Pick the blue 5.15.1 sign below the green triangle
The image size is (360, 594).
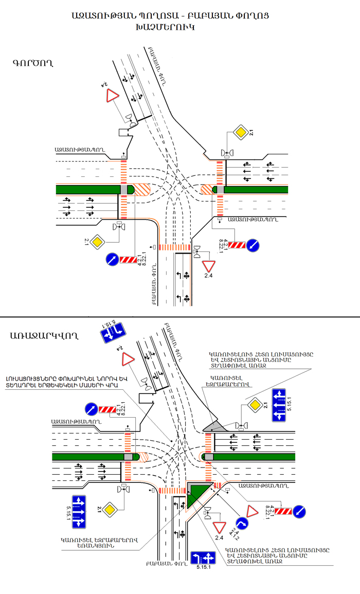pyautogui.click(x=203, y=558)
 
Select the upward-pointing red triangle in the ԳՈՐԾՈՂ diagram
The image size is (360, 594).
pyautogui.click(x=113, y=97)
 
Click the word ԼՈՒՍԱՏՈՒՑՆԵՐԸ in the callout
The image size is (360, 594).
pyautogui.click(x=35, y=375)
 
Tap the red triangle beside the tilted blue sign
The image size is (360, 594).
pyautogui.click(x=128, y=358)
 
